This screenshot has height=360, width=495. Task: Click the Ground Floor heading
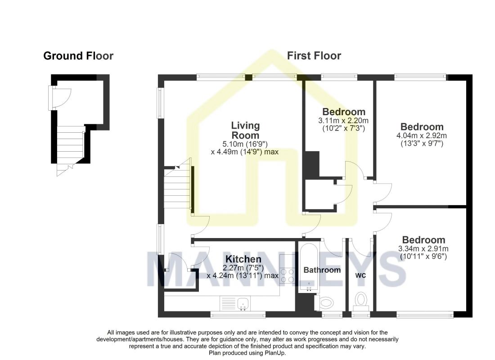[x=78, y=56]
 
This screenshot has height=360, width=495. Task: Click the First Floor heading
[x=314, y=56]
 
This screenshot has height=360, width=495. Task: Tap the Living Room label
[x=245, y=130]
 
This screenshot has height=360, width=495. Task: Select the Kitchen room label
[x=243, y=259]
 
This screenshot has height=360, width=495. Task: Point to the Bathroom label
[x=322, y=270]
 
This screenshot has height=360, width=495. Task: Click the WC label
[x=360, y=275]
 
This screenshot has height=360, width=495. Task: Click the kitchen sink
[x=235, y=303]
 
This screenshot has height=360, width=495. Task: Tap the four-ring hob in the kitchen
[x=287, y=275]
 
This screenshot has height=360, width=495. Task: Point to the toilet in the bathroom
[x=324, y=303]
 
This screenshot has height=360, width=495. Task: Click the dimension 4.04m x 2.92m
[x=422, y=136]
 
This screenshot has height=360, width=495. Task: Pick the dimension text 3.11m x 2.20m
[x=343, y=121]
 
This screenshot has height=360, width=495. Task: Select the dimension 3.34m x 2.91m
[x=423, y=249]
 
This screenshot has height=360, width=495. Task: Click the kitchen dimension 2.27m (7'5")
[x=243, y=268]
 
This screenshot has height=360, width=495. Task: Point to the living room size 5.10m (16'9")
[x=245, y=144]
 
